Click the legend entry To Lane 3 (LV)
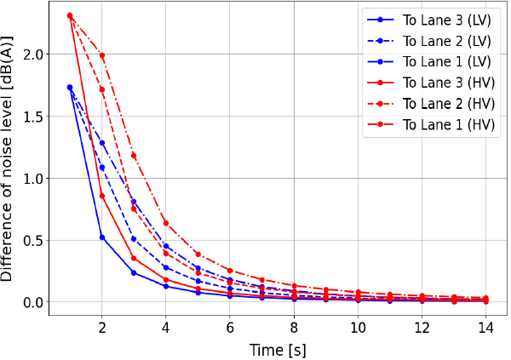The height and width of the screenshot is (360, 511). pos(440,20)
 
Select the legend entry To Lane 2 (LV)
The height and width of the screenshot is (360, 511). pos(440,41)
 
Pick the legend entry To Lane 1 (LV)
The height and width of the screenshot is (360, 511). pos(440,61)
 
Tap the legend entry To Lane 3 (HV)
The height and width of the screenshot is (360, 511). pos(440,83)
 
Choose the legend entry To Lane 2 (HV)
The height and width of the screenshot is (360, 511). pos(440,104)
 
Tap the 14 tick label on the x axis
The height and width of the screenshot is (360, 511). pos(485,328)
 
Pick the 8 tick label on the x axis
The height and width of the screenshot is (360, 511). pos(294,328)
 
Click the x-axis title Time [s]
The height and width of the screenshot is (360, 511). pos(278,349)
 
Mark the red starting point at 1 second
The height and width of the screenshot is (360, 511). pos(70,15)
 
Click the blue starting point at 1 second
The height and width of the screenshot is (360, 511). pos(70,88)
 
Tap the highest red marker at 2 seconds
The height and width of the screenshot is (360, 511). pos(102,56)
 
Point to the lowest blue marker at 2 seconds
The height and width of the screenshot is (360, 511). pos(102,237)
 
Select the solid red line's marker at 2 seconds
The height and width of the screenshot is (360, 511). pos(102,196)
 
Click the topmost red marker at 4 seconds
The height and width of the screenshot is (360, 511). pos(166,224)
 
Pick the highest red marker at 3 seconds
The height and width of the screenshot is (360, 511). pos(134,156)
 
